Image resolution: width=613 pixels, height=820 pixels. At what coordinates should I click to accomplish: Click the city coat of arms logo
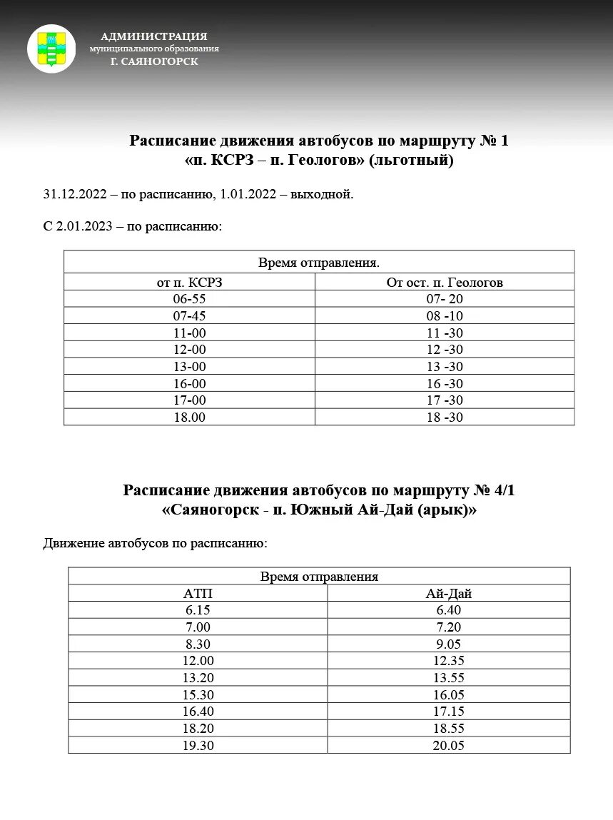(x=51, y=49)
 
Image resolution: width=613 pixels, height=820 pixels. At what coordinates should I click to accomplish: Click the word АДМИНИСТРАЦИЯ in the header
(x=154, y=36)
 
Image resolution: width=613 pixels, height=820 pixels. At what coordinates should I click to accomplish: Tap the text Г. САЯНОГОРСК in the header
(x=154, y=61)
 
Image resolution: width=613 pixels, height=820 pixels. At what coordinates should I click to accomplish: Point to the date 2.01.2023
(x=84, y=226)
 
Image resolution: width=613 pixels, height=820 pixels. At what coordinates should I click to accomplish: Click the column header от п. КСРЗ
(x=189, y=283)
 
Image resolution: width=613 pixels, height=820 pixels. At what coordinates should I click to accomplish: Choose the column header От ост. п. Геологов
(x=444, y=283)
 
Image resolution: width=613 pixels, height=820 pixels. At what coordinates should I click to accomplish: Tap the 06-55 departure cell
(x=189, y=299)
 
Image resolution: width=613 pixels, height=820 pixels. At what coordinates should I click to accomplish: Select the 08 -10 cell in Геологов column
(x=444, y=316)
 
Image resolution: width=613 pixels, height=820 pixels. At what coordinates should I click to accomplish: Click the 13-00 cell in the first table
(x=189, y=367)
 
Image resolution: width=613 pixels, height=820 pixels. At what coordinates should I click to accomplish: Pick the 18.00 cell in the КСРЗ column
(x=189, y=417)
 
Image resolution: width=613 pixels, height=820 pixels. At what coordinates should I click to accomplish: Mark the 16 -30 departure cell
(x=444, y=384)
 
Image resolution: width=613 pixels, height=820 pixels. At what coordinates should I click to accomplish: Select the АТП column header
(x=198, y=594)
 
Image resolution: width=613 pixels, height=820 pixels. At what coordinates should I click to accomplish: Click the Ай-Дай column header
(x=449, y=594)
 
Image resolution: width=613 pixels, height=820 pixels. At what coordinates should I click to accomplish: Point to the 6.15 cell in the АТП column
(x=198, y=610)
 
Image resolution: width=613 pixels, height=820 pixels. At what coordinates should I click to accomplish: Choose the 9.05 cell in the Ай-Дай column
(x=449, y=644)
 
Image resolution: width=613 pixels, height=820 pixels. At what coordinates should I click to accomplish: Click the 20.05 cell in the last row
(x=449, y=745)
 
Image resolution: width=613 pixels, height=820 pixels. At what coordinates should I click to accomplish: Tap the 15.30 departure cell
(x=198, y=694)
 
